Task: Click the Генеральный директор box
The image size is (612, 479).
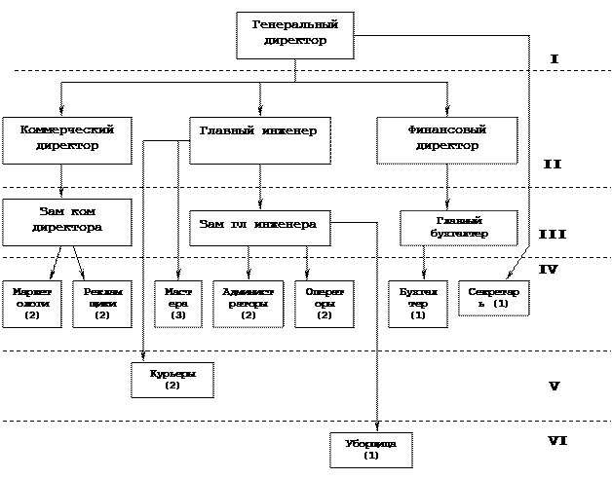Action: click(x=294, y=34)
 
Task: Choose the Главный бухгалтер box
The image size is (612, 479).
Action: click(x=458, y=228)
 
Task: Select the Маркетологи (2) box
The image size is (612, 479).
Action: click(x=31, y=303)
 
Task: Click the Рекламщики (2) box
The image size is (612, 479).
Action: click(x=102, y=303)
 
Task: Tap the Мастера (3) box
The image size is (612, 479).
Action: click(x=177, y=303)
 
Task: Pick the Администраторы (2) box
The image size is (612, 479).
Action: click(x=248, y=303)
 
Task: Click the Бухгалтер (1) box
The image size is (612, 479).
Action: click(x=418, y=303)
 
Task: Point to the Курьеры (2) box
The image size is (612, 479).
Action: click(x=172, y=379)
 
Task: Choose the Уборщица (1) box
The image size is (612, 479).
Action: click(x=370, y=449)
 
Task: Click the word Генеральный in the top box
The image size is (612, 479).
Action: click(x=294, y=25)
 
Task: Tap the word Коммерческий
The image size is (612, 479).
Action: click(x=66, y=129)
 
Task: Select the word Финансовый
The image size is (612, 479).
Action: click(x=446, y=129)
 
